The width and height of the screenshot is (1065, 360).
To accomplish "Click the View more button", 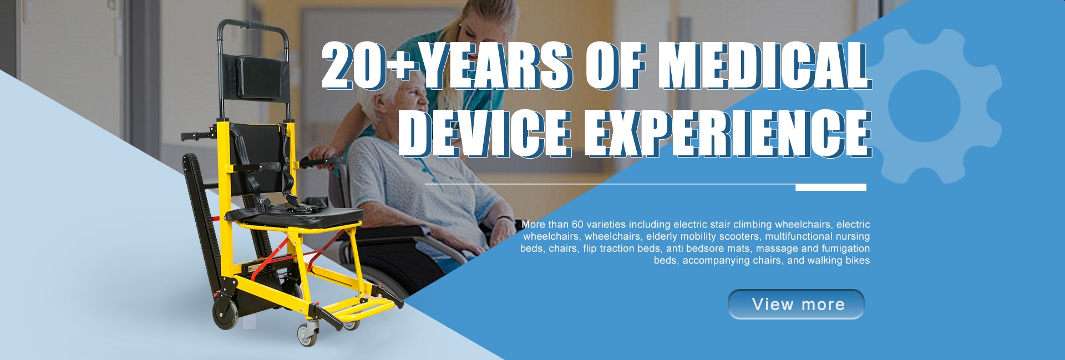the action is tap(796, 304).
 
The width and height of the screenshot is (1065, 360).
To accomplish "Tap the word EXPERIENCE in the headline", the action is tap(729, 134).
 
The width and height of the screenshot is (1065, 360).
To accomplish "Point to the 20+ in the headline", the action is tap(371, 67).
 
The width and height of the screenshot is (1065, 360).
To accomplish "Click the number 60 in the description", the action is tap(577, 225).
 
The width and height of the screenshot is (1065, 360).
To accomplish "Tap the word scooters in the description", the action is tap(739, 237).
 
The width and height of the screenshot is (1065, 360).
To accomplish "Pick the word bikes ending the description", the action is tap(856, 261).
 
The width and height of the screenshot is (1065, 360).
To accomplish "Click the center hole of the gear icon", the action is tap(924, 105).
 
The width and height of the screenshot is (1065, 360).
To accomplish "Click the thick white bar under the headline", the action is tap(831, 187).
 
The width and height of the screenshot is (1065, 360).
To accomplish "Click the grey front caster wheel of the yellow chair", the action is tap(307, 335).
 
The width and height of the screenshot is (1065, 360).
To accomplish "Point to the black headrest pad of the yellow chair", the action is tap(261, 77).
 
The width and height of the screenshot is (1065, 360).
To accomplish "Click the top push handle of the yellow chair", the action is tap(252, 25).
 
